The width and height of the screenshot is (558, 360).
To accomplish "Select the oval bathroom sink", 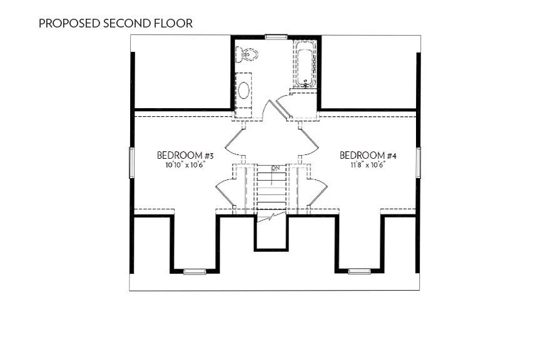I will (243, 90).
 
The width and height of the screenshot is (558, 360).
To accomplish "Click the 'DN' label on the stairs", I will (275, 168).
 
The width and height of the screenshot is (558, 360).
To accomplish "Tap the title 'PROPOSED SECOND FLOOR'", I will (116, 24).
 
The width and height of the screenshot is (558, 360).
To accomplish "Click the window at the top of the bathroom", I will (276, 37).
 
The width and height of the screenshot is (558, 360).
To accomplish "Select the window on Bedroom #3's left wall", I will (131, 162).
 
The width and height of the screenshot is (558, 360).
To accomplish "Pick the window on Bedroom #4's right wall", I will (418, 162).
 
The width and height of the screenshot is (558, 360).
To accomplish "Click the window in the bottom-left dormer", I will (195, 271).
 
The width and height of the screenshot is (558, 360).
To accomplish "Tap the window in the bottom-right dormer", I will (359, 271).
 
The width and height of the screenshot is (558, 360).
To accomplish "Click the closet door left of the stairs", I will (226, 191).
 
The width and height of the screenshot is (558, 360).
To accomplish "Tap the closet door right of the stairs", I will (318, 191).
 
